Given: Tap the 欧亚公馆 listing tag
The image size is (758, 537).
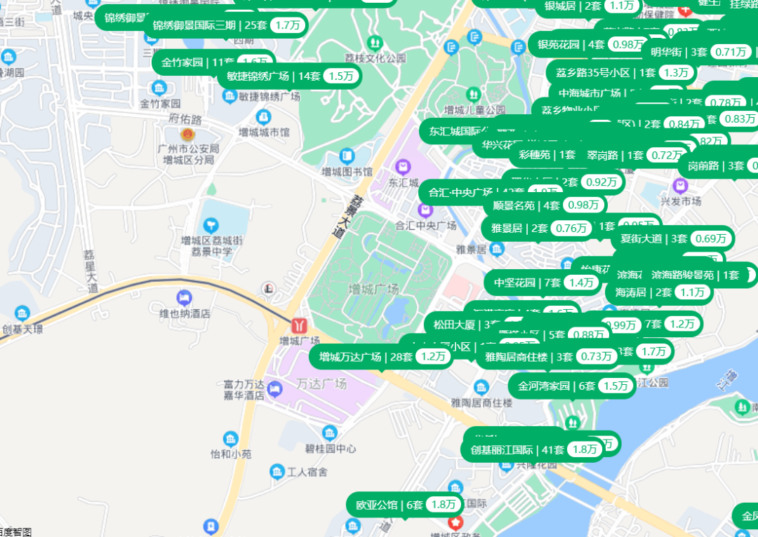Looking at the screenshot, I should (405, 505).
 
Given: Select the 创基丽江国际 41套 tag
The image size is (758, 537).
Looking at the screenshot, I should (533, 450).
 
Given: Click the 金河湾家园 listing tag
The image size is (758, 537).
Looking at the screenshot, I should (573, 386).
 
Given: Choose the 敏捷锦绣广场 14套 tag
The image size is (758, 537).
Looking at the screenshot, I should (289, 76).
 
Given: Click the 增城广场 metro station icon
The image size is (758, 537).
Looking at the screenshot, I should (300, 325).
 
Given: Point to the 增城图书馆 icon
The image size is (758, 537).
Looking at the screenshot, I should (347, 156).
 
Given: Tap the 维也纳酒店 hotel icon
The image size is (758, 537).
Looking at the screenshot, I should (185, 297).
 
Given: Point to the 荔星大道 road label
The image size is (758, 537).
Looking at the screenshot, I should (91, 271).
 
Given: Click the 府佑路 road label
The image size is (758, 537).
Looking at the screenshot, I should (186, 119).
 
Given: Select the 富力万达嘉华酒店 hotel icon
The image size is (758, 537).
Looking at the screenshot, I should (274, 388).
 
